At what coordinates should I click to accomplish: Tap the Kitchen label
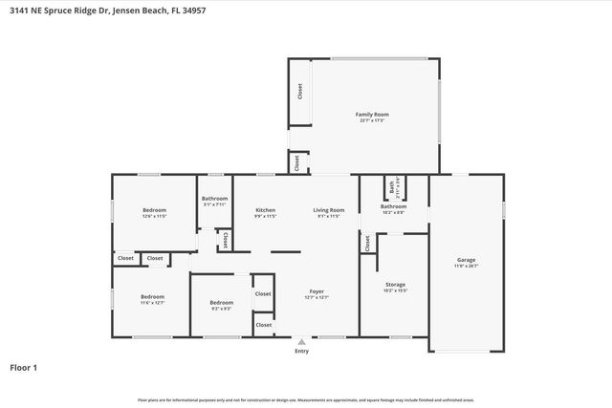click(x=265, y=209)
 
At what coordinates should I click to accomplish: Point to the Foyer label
click(x=317, y=291)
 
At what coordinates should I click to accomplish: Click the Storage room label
click(x=395, y=285)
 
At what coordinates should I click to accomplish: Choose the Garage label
click(x=466, y=260)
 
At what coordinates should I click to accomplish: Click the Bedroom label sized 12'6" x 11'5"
click(x=155, y=210)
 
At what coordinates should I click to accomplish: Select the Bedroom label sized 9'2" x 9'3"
click(x=221, y=303)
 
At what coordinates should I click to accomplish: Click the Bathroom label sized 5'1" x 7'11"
click(x=215, y=199)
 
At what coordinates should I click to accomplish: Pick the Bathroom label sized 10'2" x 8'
click(x=393, y=206)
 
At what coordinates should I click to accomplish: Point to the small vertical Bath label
click(x=390, y=185)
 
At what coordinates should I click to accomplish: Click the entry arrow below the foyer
click(x=302, y=340)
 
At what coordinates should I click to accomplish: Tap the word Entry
click(x=302, y=351)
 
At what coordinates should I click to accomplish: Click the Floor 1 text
click(x=24, y=367)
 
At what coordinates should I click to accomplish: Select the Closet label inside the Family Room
click(x=299, y=92)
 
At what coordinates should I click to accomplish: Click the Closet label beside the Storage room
click(x=366, y=244)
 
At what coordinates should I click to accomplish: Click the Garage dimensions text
click(x=466, y=266)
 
